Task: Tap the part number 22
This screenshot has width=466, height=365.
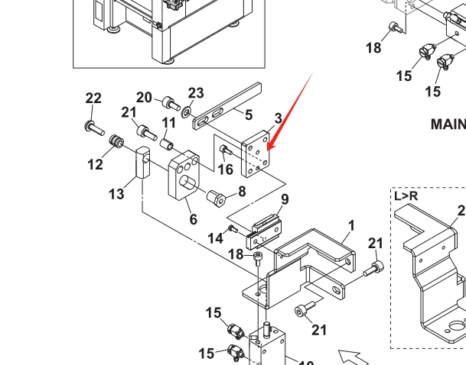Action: tap(93, 99)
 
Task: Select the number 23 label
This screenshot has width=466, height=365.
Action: tap(196, 93)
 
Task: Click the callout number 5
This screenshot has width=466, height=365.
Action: tap(249, 115)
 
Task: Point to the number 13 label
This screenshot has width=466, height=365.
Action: tap(116, 195)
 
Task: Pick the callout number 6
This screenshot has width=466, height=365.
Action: tap(194, 219)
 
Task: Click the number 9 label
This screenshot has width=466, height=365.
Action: tap(284, 200)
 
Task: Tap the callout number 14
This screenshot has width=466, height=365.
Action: tap(216, 239)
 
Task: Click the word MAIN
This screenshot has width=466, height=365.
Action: tap(448, 124)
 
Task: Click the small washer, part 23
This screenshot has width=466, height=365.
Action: tap(187, 112)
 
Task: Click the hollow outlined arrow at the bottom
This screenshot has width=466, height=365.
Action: tap(354, 356)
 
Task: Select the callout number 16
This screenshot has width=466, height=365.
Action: tap(226, 170)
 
